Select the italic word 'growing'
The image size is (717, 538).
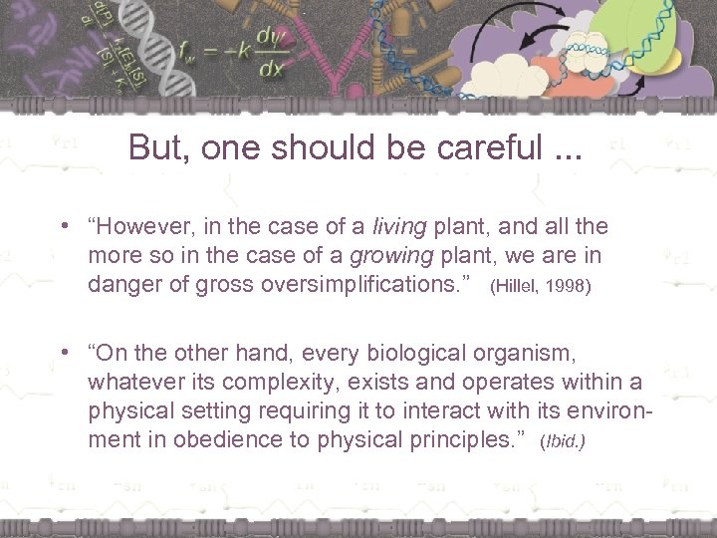tap(396, 256)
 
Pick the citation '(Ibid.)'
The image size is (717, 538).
tap(562, 440)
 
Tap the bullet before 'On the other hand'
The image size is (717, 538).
tap(63, 354)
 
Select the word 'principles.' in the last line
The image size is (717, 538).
tap(471, 438)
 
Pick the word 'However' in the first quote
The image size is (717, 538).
tap(146, 228)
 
